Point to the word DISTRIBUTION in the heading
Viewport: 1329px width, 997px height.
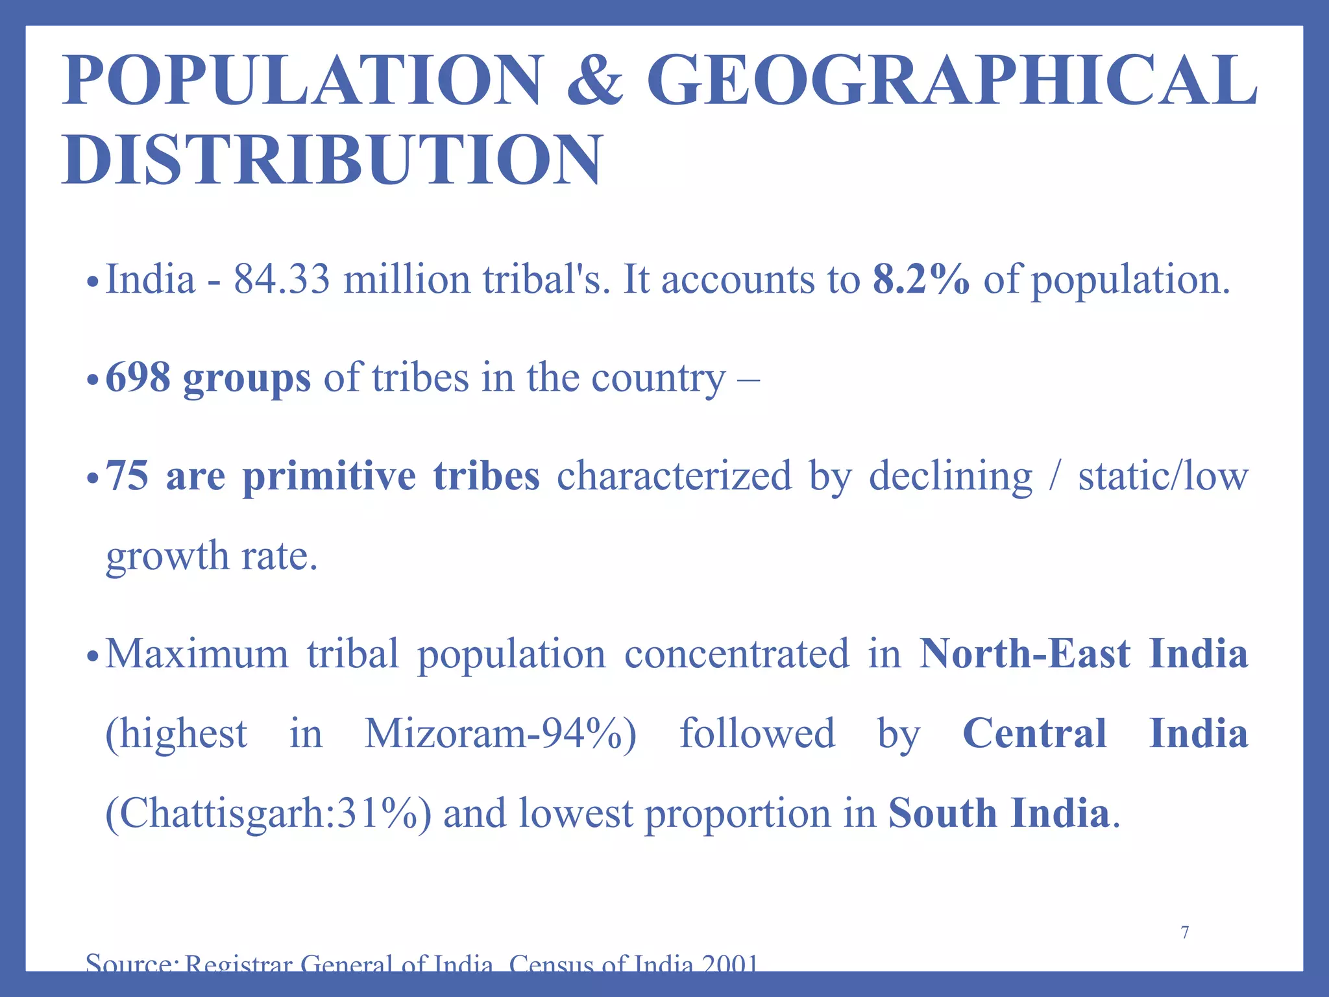click(333, 160)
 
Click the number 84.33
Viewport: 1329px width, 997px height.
click(282, 280)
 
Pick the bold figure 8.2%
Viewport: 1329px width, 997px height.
click(921, 280)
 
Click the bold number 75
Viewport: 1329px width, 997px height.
click(128, 476)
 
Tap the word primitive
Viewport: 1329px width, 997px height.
click(329, 476)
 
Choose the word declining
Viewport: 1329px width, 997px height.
click(950, 477)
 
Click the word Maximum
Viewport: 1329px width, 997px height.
click(197, 654)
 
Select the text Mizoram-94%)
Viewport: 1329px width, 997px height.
click(500, 734)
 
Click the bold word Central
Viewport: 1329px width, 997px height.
click(1034, 734)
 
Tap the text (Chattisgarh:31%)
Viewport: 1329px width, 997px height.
click(268, 814)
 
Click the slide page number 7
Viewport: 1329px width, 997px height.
click(1185, 933)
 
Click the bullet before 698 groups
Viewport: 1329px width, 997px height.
click(93, 378)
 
